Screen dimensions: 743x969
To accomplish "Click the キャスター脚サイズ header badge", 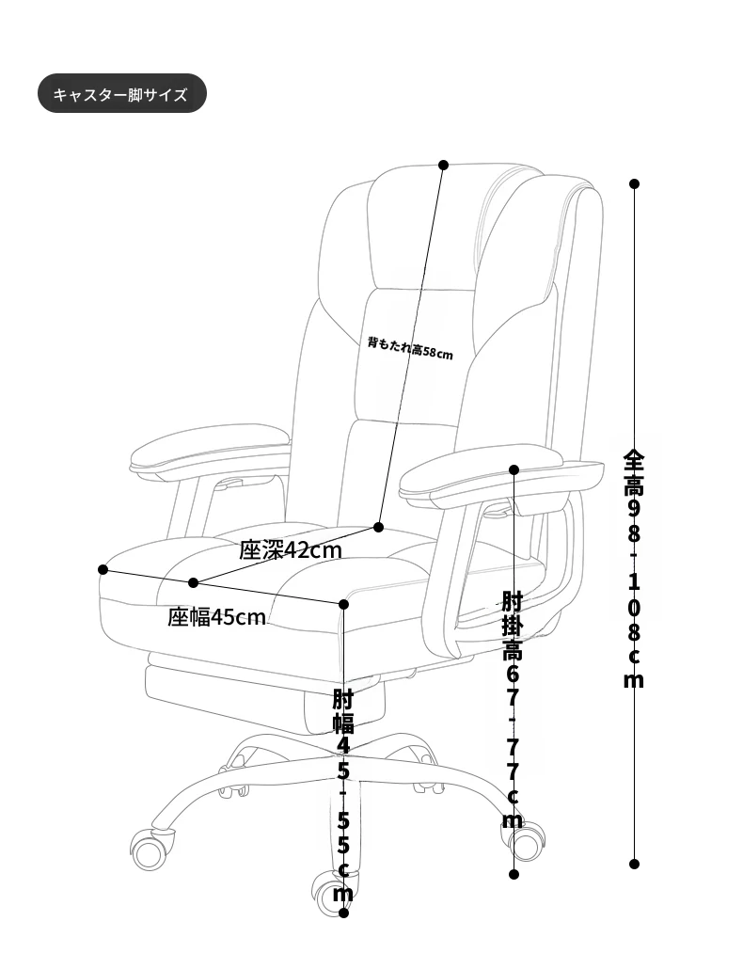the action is pos(121,93).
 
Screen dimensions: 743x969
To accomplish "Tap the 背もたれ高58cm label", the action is pos(410,347).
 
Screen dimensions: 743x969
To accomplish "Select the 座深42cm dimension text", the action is pos(291,549).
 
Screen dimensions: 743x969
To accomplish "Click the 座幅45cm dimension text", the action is pos(216,617).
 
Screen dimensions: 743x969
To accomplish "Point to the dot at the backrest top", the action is pos(444,165).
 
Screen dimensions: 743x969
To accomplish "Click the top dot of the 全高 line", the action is pos(634,183).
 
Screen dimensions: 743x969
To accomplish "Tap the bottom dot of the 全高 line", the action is pos(634,864).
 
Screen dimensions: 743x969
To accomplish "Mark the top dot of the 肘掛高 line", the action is pos(514,469).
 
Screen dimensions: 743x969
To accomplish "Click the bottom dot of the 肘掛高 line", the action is pos(514,874).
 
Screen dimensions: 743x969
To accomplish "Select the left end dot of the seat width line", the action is pos(103,569).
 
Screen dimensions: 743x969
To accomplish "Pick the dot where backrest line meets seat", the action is pos(379,527).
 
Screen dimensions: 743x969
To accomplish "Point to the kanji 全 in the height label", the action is pos(634,460).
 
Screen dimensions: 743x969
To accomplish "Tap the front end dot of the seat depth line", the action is pos(194,582).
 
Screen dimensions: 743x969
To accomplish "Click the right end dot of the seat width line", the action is pos(344,604).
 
